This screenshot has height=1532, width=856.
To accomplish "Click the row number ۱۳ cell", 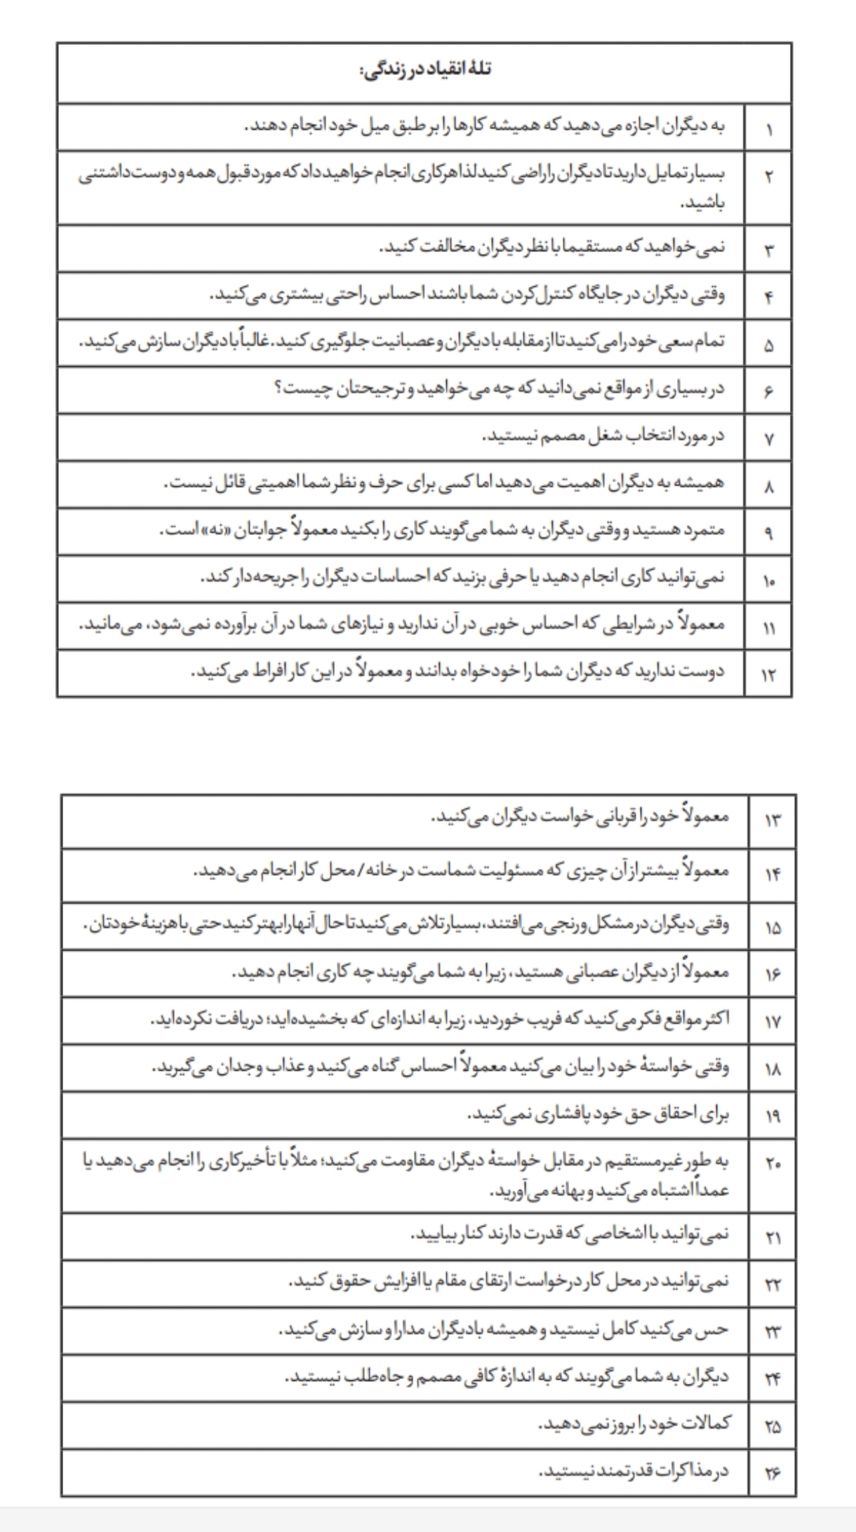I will (x=773, y=820).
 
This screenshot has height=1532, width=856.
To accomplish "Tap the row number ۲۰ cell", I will (x=773, y=1163).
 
